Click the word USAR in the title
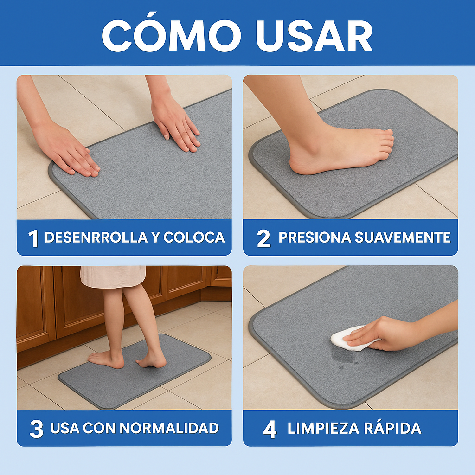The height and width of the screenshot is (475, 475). (314, 35)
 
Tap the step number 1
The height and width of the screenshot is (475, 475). (33, 238)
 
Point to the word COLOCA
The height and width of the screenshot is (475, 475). (194, 237)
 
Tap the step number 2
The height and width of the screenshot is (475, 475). (263, 238)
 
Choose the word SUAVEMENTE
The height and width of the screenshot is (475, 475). (402, 237)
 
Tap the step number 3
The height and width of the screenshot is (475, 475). (36, 429)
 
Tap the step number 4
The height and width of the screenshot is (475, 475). (270, 429)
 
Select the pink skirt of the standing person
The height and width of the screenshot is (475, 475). (113, 276)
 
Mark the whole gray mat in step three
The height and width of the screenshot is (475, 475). (135, 371)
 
